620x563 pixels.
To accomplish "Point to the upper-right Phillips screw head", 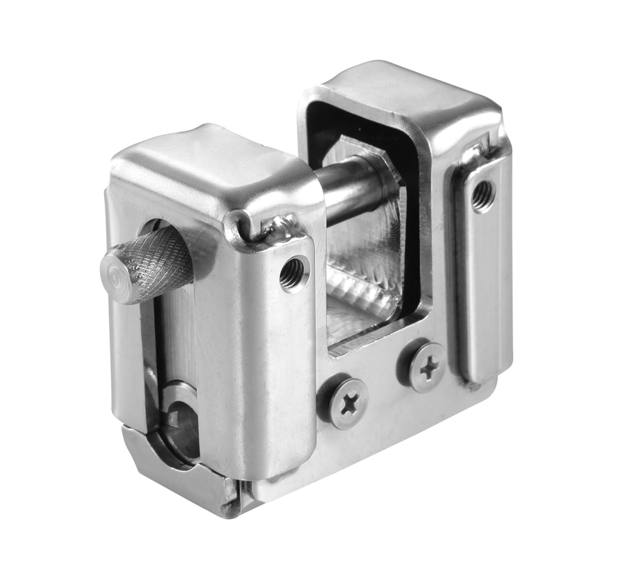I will click(425, 365).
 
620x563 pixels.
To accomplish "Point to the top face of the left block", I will click(209, 164).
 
